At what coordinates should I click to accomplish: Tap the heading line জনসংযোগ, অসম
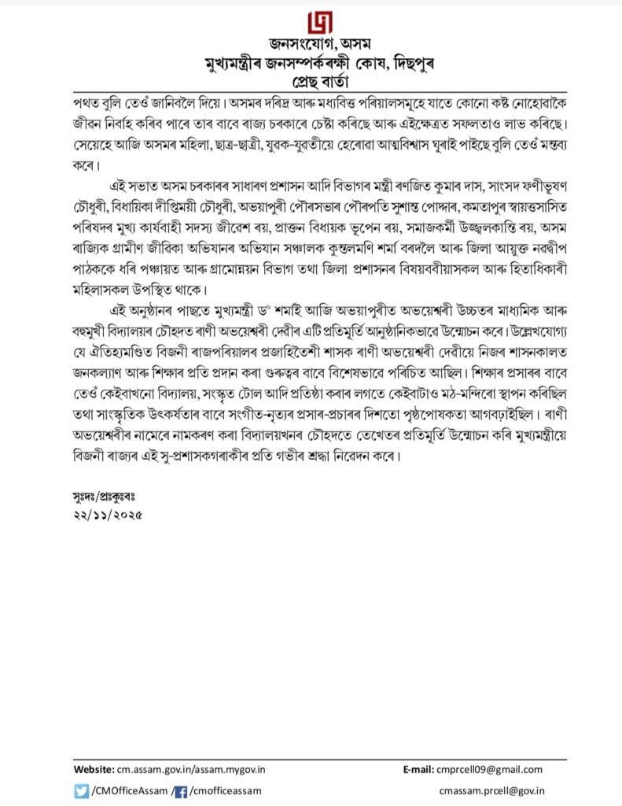311,44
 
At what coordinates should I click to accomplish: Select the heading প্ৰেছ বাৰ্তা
311,81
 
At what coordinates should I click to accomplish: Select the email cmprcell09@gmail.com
495,769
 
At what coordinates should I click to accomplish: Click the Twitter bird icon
80,790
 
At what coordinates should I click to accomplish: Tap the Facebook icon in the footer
180,790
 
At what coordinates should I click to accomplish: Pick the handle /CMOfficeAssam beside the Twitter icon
129,790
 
